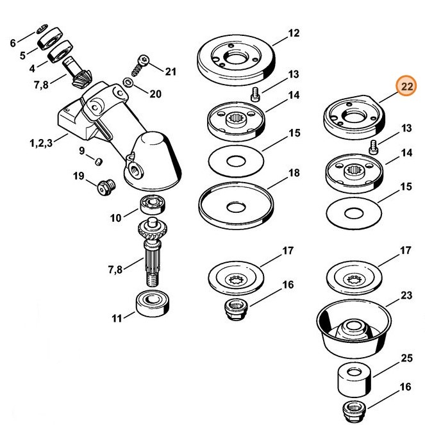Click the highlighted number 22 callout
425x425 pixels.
tap(405, 86)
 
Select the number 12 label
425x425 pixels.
tap(294, 33)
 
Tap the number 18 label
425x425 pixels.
tap(294, 173)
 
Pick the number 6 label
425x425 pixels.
tap(13, 44)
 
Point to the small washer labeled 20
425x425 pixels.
tap(128, 83)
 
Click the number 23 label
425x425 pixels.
tap(406, 296)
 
